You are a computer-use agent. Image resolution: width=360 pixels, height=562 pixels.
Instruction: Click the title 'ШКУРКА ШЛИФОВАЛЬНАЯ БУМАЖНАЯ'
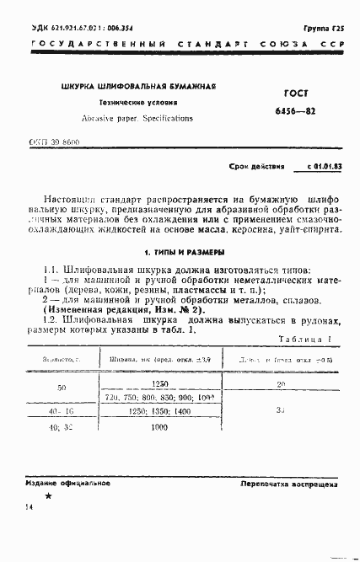coord(139,87)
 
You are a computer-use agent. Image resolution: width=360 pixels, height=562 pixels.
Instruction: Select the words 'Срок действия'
coord(258,167)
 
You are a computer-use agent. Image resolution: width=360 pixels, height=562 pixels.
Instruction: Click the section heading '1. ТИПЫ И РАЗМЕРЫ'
coord(183,251)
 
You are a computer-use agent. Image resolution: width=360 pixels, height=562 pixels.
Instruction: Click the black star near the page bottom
coord(47,496)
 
